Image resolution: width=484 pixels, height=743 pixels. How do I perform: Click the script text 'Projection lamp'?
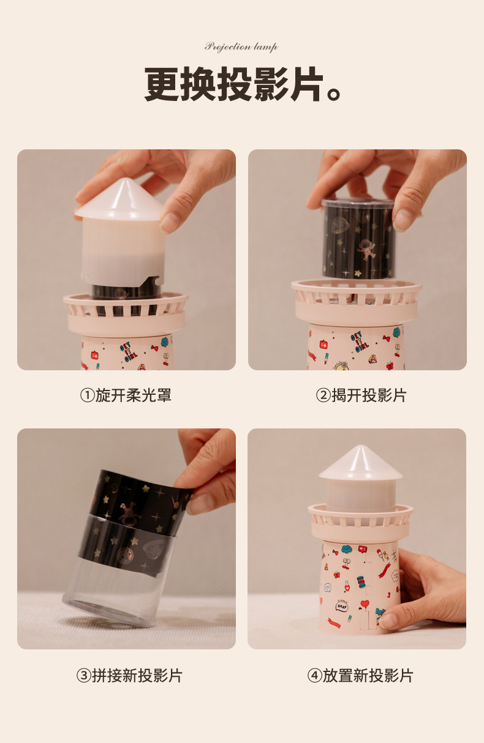tap(241, 47)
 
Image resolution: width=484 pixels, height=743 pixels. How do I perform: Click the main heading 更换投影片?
tap(233, 84)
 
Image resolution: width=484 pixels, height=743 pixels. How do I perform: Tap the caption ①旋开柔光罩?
tap(126, 395)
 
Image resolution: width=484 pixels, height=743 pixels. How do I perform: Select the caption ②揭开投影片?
tap(361, 395)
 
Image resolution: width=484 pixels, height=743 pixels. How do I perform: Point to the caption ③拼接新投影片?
tap(129, 676)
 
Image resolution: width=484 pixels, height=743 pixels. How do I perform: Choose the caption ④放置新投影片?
tap(360, 676)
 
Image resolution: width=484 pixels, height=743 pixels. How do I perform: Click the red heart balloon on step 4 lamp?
tap(365, 604)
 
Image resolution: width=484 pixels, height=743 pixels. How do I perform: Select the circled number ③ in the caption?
tap(83, 676)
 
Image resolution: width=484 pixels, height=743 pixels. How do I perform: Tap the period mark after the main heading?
tap(334, 95)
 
